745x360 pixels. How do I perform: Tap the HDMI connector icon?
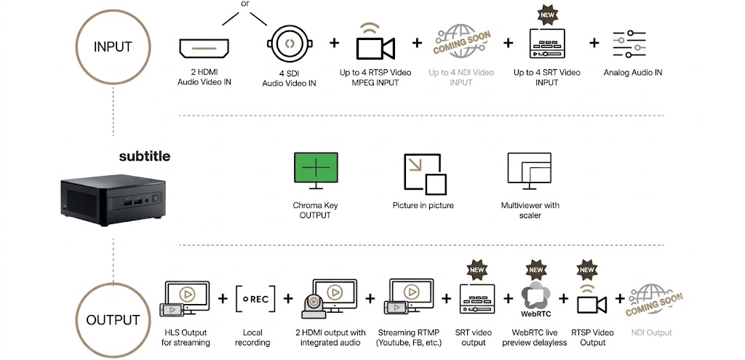pos(204,49)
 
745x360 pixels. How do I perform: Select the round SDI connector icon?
pos(290,44)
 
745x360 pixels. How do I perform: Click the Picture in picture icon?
pos(425,174)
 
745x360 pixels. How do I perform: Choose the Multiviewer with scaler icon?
pos(530,172)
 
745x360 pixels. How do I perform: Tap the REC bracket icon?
pos(255,299)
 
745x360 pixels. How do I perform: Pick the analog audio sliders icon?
pos(629,44)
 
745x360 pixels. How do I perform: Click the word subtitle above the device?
pos(145,156)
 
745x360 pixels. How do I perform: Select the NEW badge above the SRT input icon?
pos(547,15)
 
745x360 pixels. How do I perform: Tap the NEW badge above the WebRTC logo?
pos(536,269)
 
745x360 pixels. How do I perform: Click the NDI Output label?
pos(651,332)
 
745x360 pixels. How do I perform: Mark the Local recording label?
pos(252,337)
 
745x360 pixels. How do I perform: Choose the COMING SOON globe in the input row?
pos(461,41)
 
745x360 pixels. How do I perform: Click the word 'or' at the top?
pos(245,4)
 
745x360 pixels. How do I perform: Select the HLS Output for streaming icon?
pos(184,298)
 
